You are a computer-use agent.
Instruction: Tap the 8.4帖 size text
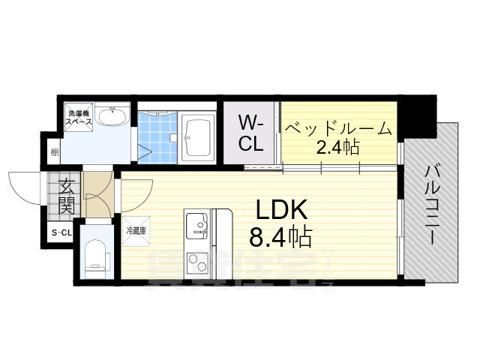(x=280, y=238)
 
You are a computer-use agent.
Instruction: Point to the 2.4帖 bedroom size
(x=337, y=147)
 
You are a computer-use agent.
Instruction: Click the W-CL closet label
(x=250, y=133)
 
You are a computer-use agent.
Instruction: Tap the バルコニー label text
(x=433, y=202)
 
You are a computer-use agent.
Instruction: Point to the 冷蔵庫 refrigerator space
(x=136, y=230)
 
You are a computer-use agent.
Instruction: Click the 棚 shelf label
(x=55, y=153)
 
